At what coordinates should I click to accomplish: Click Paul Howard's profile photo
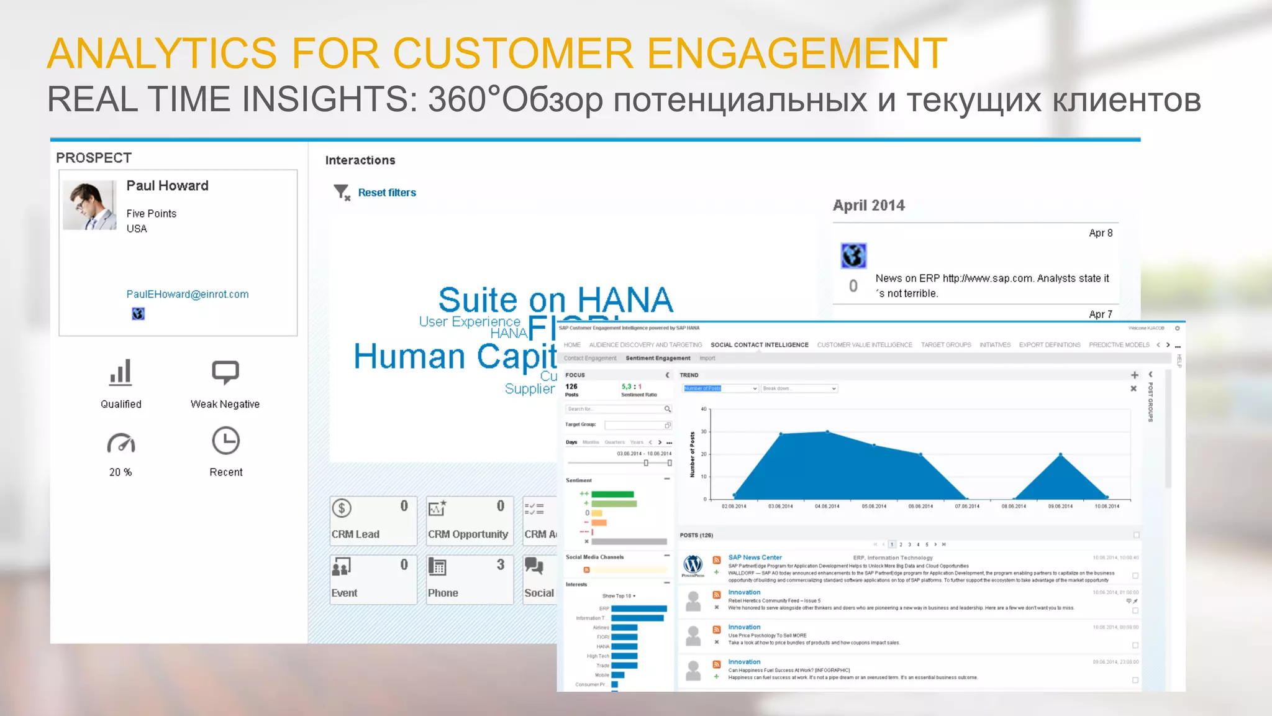point(89,206)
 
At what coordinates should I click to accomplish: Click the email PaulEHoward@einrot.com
point(188,295)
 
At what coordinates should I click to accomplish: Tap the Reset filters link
point(386,193)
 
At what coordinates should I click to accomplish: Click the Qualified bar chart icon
point(120,372)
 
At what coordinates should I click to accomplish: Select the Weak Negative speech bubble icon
point(225,372)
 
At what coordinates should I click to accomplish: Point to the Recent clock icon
point(225,441)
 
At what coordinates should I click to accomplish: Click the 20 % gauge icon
point(120,443)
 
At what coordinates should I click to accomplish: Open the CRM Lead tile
point(373,521)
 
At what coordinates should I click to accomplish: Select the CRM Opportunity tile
point(469,521)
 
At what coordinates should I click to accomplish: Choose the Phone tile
point(469,579)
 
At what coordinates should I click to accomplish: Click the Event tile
point(373,579)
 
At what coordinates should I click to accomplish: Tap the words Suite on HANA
point(555,300)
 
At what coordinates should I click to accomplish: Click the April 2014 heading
point(868,206)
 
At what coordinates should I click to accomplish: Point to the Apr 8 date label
point(1101,233)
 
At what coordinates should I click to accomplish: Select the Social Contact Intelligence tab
point(760,345)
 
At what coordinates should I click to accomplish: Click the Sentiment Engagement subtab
point(658,359)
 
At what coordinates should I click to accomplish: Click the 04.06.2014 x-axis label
point(827,507)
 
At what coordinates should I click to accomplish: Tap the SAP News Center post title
point(755,558)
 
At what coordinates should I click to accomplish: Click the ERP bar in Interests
point(638,608)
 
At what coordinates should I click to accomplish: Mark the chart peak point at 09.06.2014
point(1060,454)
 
